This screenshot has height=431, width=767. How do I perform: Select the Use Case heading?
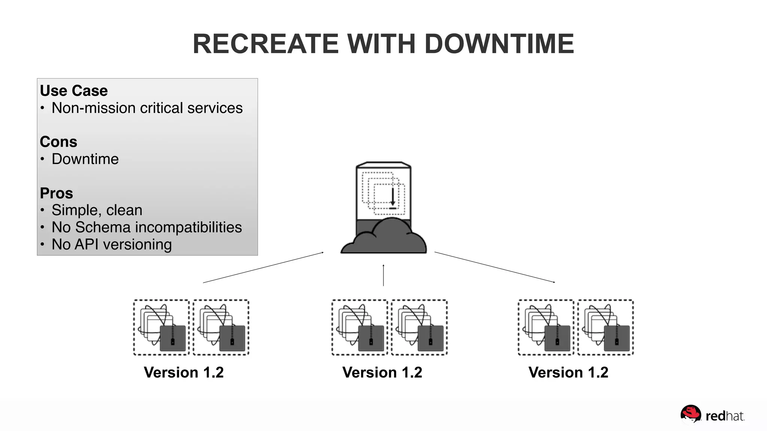pos(74,91)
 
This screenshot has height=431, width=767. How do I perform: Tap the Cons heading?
pos(58,142)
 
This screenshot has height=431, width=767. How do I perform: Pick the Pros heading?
pos(57,193)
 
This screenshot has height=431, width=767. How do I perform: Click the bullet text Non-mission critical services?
pos(147,108)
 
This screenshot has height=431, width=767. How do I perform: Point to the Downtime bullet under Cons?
pos(85,159)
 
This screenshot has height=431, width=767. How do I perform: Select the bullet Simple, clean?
pos(97,210)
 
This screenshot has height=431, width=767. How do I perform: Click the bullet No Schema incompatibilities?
pos(146,227)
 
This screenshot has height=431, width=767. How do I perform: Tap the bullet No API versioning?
pos(112,245)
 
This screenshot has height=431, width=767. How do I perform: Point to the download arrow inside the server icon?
pos(392,197)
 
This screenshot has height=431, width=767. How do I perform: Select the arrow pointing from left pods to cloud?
pos(263,268)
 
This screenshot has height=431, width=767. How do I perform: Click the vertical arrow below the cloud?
pos(383,275)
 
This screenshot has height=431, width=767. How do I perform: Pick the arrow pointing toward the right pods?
pos(494,267)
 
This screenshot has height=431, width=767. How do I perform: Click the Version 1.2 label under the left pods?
pos(184,373)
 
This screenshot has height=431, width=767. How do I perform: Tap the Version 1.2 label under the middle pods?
pos(382,373)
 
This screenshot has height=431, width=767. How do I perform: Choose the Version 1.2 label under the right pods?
pos(568,373)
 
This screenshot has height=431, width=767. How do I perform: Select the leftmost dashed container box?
pos(161,327)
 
